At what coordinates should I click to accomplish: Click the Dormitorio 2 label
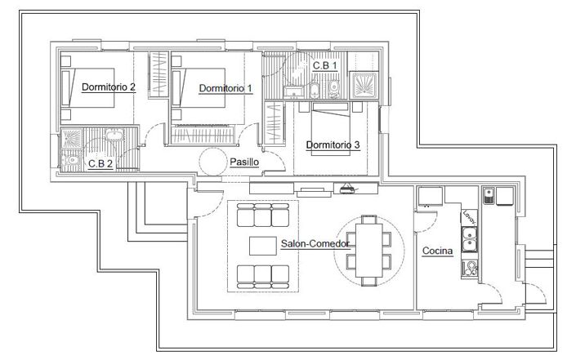tap(109, 87)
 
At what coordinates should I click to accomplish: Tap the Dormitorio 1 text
tap(225, 87)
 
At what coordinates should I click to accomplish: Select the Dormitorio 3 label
tap(333, 145)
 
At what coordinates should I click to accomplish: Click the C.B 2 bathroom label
tap(100, 163)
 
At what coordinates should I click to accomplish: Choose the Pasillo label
tap(244, 162)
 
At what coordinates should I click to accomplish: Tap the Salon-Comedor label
tap(315, 243)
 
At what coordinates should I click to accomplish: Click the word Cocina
tap(438, 251)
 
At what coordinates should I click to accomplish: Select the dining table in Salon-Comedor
tap(368, 250)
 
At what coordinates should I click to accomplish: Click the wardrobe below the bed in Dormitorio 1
tap(202, 132)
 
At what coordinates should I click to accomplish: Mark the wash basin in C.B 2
tap(115, 136)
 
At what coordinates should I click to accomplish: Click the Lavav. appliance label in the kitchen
tap(468, 217)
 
